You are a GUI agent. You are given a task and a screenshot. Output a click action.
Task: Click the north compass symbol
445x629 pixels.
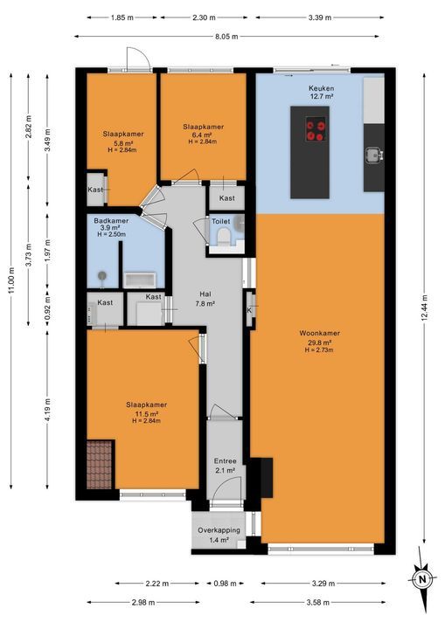[421, 577]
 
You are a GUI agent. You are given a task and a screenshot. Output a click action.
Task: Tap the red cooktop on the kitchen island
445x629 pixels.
[315, 131]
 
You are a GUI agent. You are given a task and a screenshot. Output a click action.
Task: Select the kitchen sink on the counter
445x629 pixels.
[373, 155]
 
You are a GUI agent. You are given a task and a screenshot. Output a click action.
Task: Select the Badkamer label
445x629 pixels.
[112, 221]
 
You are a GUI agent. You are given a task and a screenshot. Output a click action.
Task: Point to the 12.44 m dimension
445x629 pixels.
[426, 305]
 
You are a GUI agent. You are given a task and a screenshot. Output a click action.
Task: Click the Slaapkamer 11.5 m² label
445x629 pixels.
[146, 411]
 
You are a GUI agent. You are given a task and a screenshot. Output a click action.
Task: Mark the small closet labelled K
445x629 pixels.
[249, 310]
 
